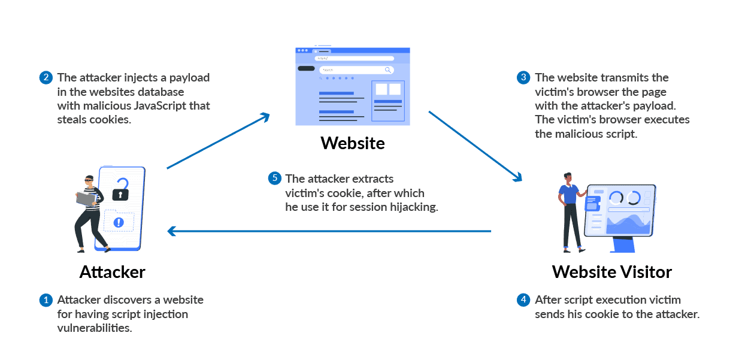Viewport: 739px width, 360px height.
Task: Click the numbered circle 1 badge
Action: coord(46,300)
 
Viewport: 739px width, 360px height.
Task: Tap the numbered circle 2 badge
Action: coord(46,78)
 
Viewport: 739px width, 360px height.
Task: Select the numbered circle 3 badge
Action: coord(523,78)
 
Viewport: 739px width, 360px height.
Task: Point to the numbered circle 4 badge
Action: coord(523,300)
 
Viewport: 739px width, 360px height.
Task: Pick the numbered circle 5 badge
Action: coord(274,179)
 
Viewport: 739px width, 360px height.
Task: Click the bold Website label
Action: coord(352,143)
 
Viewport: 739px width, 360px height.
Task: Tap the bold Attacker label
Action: coord(113,272)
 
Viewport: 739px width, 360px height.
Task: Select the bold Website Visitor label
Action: coord(611,272)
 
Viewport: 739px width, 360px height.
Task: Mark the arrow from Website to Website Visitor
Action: coord(475,145)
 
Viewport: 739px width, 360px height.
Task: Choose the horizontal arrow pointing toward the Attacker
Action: coord(329,231)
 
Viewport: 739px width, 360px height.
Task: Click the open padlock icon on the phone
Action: coord(121,190)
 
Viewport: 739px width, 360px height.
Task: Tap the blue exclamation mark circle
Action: coord(119,222)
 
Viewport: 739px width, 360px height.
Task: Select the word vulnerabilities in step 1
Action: coord(94,328)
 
